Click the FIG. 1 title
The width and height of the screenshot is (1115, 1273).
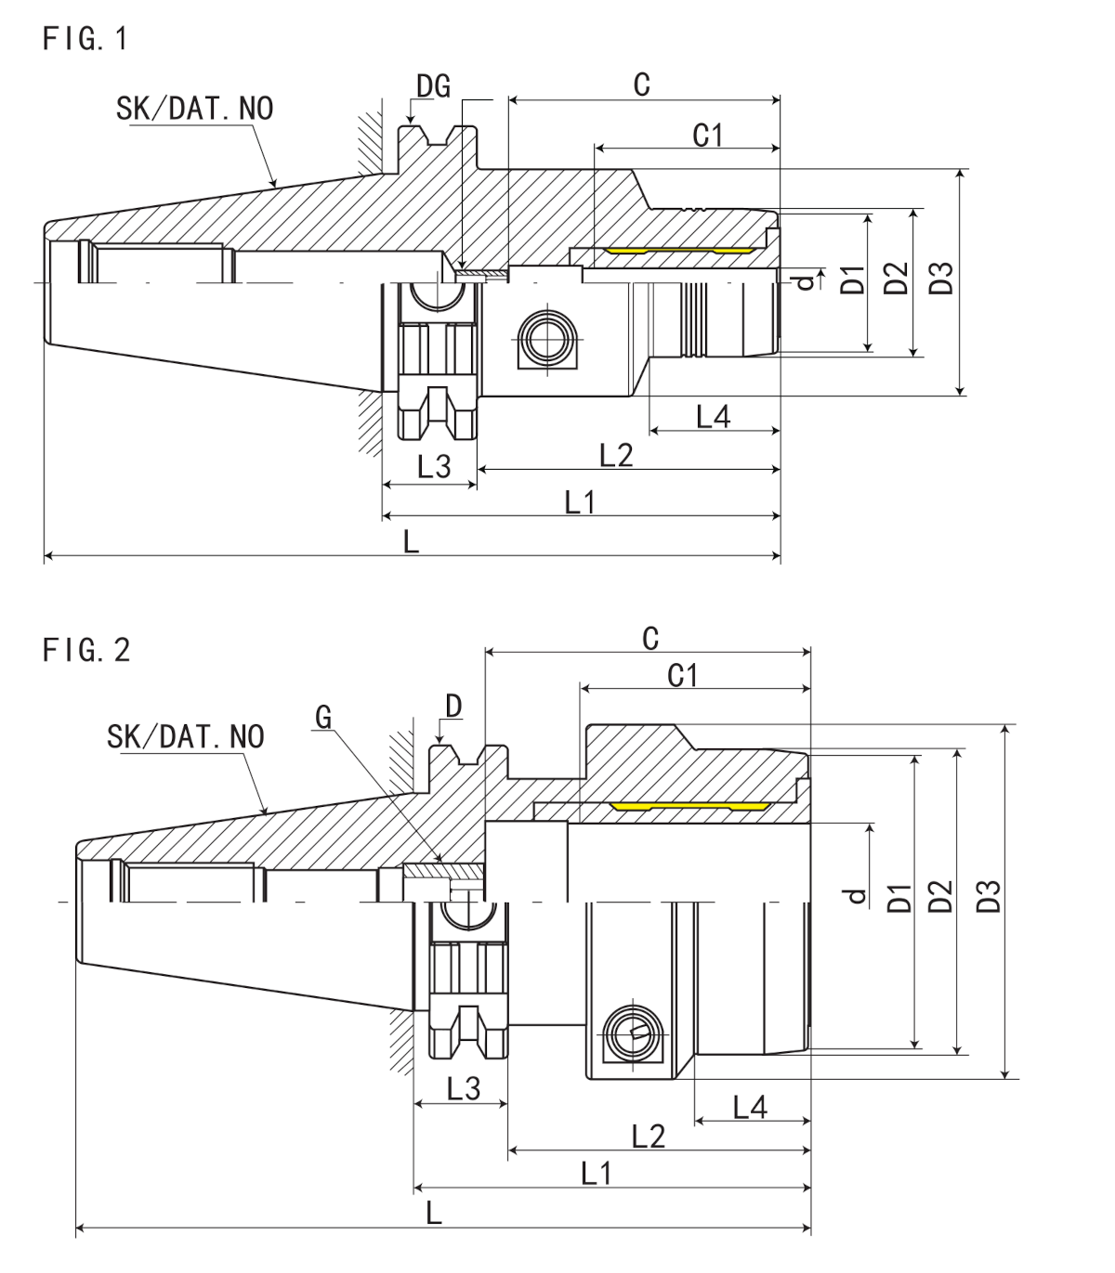coord(85,39)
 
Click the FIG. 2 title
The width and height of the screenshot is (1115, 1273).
coord(86,650)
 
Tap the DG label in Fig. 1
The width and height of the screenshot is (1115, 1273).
coord(433,85)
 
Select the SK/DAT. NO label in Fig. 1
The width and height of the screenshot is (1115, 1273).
coord(195,109)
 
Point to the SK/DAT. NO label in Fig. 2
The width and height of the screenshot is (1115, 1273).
coord(186,736)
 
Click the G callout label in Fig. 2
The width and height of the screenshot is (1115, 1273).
coord(323,718)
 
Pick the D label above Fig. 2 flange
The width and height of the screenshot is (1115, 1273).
coord(453,707)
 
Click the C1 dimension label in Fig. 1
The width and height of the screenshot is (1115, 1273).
coord(708,135)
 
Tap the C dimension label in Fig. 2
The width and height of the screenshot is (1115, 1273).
coord(650,639)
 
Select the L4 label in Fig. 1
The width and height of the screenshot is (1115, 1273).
coord(714,416)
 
